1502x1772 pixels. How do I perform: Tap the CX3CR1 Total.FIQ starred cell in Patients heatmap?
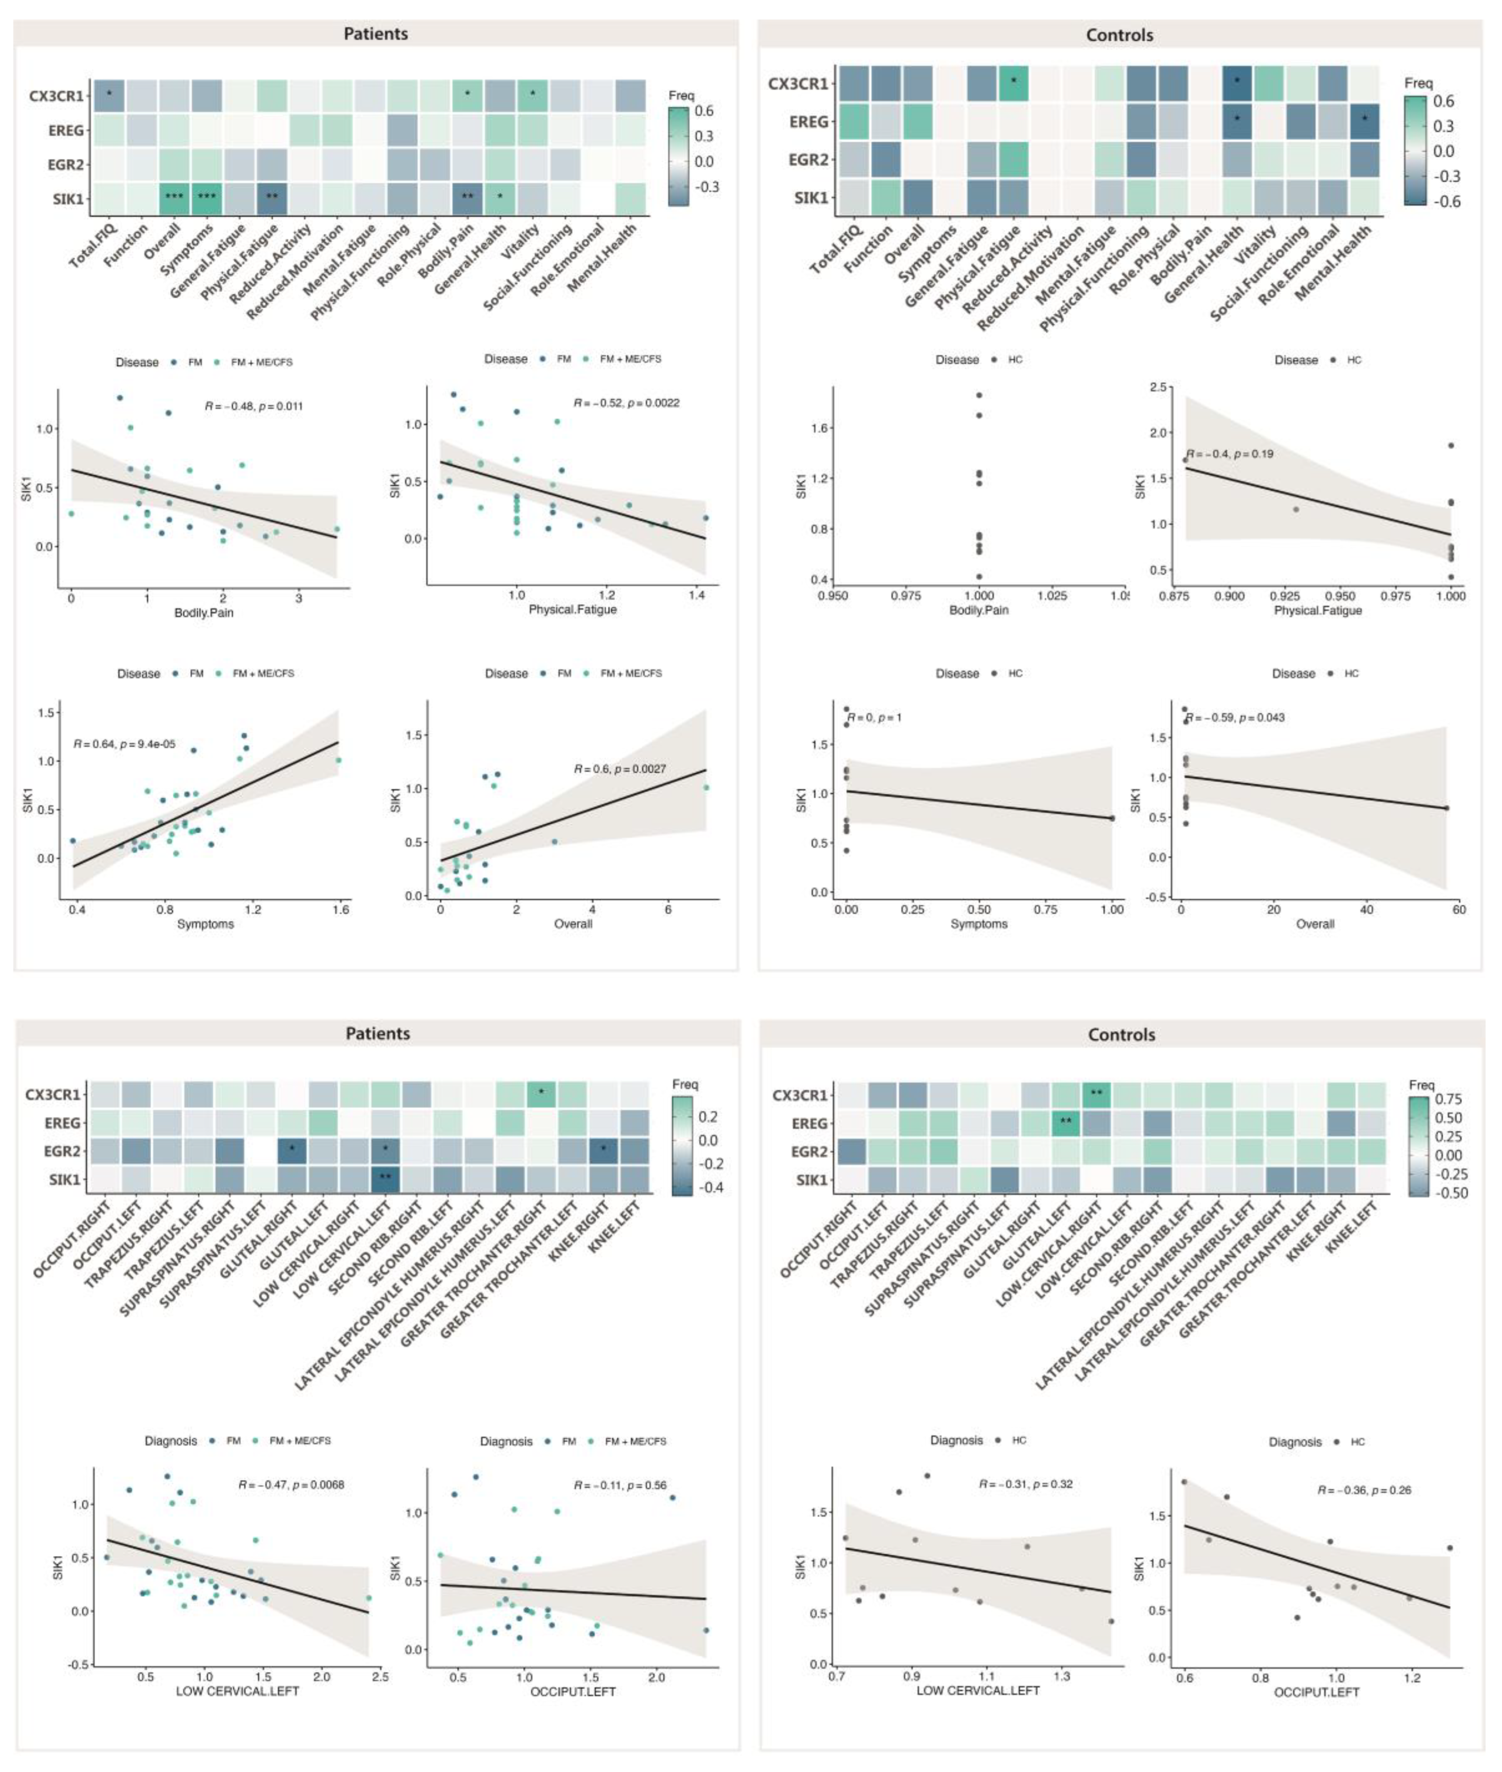(x=109, y=94)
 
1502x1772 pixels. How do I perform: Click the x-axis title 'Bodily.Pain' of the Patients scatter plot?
(x=204, y=612)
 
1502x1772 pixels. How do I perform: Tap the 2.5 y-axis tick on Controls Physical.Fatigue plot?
(x=1158, y=387)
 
